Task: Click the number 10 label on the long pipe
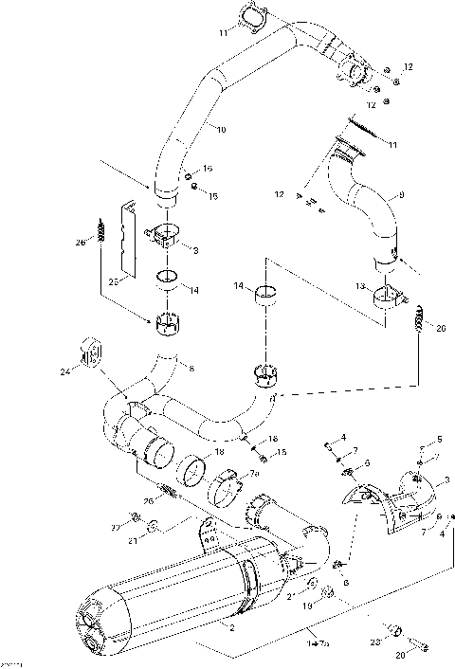tap(221, 129)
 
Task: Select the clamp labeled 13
tap(389, 301)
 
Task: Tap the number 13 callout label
tap(360, 285)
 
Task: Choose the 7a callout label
tap(253, 473)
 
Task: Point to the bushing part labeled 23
tap(396, 630)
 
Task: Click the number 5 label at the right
tap(438, 440)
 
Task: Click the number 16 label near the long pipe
tap(209, 168)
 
